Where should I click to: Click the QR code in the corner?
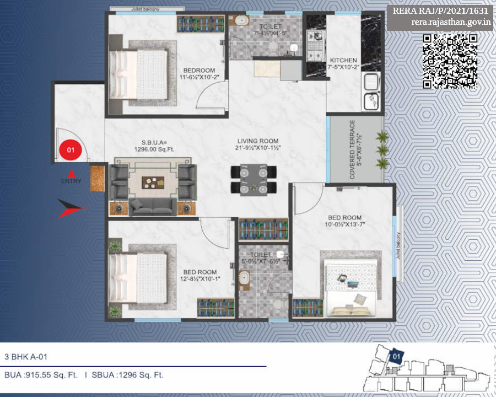tap(450, 61)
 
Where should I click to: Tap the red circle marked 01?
tap(71, 149)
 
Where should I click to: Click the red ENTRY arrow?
tap(71, 173)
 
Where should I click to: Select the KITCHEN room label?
tap(343, 60)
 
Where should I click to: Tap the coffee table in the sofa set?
tap(154, 182)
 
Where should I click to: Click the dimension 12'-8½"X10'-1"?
tap(199, 279)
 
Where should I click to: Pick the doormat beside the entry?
tap(98, 178)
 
